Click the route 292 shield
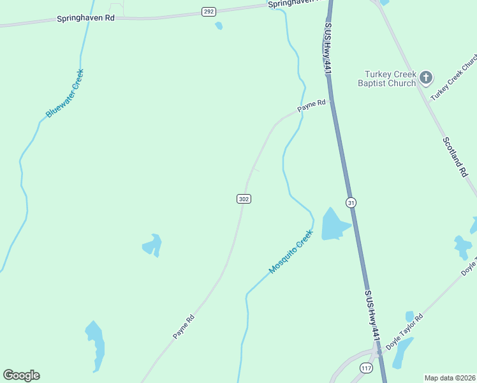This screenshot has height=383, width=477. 209,11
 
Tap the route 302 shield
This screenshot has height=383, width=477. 244,199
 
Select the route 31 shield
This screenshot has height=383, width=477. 351,203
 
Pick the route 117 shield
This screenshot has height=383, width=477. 366,368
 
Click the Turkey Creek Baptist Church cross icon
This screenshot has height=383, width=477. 426,78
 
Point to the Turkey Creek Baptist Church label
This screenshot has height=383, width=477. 386,78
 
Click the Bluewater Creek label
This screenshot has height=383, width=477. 65,93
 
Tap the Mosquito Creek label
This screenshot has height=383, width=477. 291,252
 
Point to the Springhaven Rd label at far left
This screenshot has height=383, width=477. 85,19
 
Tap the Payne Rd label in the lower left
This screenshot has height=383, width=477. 183,326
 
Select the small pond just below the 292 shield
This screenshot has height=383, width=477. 219,26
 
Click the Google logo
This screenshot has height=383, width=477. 21,375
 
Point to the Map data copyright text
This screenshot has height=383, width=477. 450,378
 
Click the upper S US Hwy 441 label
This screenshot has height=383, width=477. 328,48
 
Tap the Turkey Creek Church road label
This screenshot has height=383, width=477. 454,77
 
